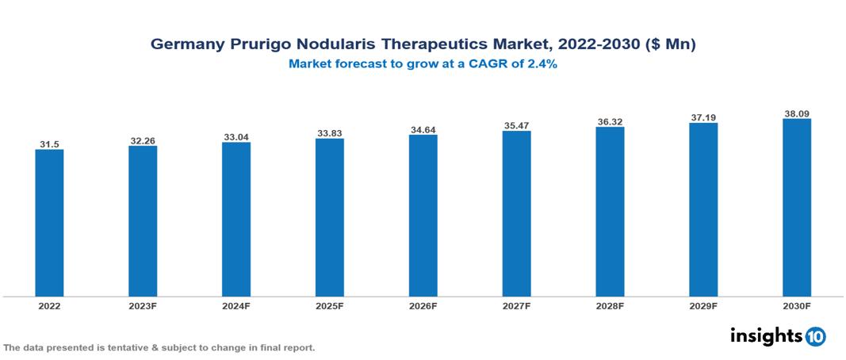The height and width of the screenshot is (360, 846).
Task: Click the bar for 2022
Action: pos(49,223)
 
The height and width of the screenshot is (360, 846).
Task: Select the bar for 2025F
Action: pos(329,218)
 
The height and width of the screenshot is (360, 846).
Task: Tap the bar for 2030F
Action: pos(796,208)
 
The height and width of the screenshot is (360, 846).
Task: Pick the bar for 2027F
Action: pos(516,214)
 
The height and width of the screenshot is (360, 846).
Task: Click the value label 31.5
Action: pos(49,144)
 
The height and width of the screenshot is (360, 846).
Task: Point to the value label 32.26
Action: pos(143,141)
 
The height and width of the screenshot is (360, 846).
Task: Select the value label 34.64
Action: pos(423,129)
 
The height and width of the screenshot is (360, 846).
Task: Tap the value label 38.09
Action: pos(796,113)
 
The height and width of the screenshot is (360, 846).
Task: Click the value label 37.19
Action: pos(702,117)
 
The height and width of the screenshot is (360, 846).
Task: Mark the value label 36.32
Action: pos(610,121)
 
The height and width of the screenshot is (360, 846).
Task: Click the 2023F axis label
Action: pos(143,305)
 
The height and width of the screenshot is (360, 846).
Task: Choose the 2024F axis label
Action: pos(236,305)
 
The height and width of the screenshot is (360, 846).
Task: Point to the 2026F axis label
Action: pos(423,305)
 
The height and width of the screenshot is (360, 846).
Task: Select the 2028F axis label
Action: pos(610,305)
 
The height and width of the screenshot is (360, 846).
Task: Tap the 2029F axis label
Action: pos(702,305)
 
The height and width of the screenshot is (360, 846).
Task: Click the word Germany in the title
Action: pos(183,45)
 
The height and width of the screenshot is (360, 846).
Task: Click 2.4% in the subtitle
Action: pos(542,64)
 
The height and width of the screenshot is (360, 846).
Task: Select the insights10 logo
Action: pos(778,336)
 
